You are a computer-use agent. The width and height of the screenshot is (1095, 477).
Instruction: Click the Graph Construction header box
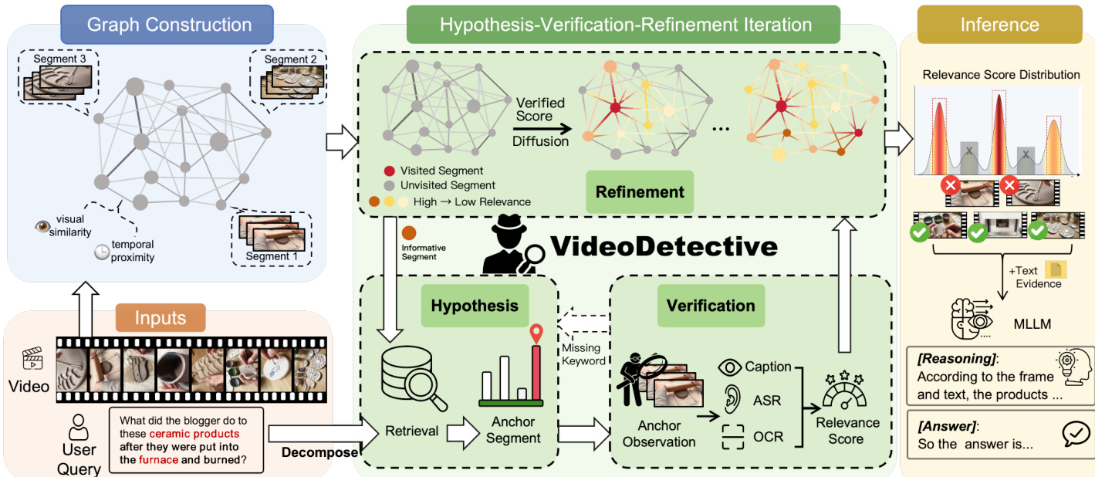point(169,24)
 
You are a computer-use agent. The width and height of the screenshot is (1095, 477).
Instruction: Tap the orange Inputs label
point(161,318)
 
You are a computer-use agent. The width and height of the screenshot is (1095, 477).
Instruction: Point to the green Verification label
point(711,306)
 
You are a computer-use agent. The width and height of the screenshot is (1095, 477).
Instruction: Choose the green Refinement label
point(640,192)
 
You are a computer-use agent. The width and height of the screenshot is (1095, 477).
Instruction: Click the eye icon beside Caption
point(730,367)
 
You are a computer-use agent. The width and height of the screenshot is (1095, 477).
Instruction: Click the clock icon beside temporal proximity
point(103,252)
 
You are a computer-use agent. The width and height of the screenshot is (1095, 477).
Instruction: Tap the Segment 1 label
point(272,256)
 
